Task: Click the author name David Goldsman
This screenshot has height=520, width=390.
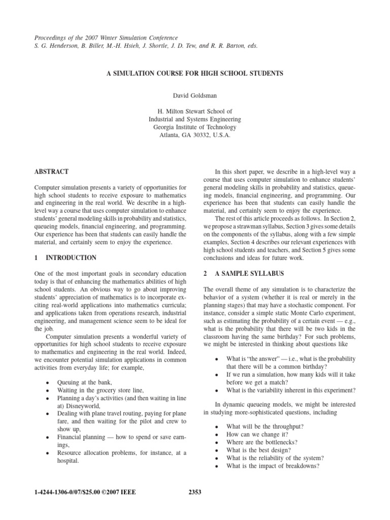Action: point(195,94)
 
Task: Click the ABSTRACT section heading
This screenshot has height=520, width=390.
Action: point(51,172)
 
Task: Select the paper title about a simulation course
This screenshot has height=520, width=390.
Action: point(195,73)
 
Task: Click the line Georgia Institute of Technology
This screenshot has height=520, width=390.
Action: point(195,127)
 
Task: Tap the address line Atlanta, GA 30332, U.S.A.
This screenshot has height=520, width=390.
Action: point(195,136)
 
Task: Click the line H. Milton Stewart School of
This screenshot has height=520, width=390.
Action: point(195,111)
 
